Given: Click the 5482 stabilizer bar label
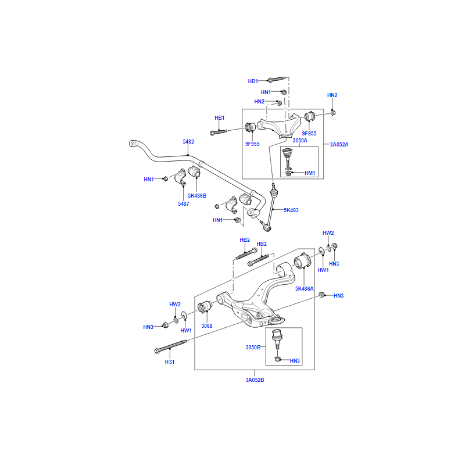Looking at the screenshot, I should point(188,141).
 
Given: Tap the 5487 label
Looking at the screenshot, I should point(184,204).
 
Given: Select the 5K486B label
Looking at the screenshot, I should point(197,195).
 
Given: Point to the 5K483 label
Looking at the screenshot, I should point(291,210).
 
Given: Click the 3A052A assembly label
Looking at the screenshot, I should point(339,144).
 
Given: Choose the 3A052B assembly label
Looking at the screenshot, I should point(255,380).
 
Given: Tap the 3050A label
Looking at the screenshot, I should point(300,141).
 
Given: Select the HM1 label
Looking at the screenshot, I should point(309,173).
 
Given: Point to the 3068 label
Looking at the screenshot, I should point(208,325).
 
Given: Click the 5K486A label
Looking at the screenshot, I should point(305,288).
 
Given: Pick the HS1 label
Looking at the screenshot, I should point(169,362).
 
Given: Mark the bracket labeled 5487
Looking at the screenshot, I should point(181,177).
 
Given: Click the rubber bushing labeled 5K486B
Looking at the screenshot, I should point(194,173).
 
